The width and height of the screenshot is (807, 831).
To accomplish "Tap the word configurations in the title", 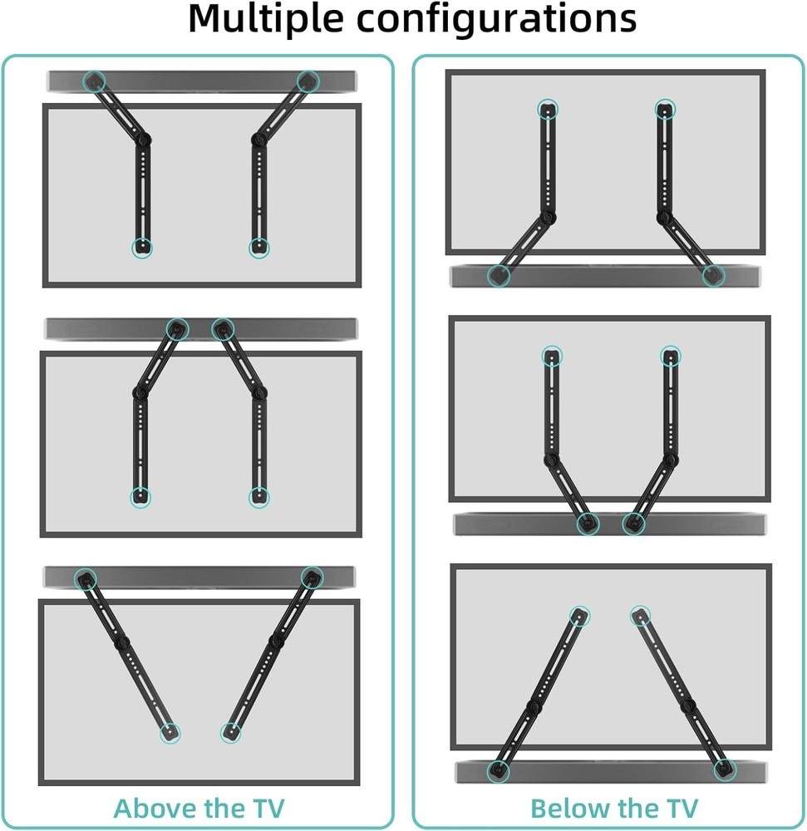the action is pyautogui.click(x=496, y=20).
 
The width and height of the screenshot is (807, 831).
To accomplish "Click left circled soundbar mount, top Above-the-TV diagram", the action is pyautogui.click(x=94, y=81).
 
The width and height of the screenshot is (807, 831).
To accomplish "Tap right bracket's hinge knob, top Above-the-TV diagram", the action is pyautogui.click(x=258, y=140).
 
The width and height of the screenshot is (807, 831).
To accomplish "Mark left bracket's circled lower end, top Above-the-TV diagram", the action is pyautogui.click(x=142, y=248).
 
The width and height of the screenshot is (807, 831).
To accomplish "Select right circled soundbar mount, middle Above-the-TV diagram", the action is pyautogui.click(x=223, y=330).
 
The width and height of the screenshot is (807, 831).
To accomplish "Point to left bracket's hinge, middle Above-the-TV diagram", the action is pyautogui.click(x=140, y=392).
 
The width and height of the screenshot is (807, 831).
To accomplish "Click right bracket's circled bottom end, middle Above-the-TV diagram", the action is pyautogui.click(x=258, y=498).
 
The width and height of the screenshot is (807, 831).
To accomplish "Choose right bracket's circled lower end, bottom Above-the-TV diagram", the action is pyautogui.click(x=230, y=733).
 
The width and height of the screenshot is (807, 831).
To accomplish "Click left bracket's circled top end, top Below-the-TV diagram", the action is pyautogui.click(x=548, y=110).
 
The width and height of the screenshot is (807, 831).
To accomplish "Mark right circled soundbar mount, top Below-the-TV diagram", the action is pyautogui.click(x=713, y=276).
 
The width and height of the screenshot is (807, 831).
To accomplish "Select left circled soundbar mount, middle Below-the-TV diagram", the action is pyautogui.click(x=588, y=524).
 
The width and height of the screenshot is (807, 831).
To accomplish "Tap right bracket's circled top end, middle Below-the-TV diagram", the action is pyautogui.click(x=671, y=356).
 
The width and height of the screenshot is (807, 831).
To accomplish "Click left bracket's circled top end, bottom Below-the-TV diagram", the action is pyautogui.click(x=579, y=616).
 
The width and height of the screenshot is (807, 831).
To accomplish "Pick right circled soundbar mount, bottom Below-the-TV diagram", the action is pyautogui.click(x=724, y=769).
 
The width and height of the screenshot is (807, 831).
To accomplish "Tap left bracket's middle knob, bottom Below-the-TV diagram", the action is pyautogui.click(x=534, y=706).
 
